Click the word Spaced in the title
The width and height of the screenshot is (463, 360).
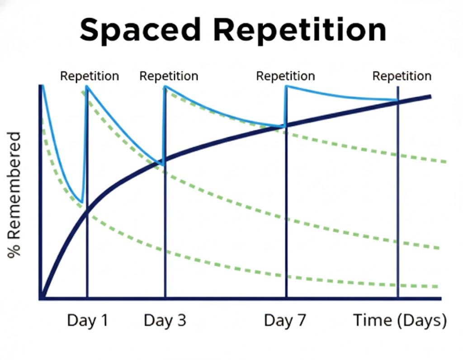(x=140, y=30)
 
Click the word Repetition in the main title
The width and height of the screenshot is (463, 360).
(x=300, y=29)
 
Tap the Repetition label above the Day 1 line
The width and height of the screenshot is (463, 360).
(x=90, y=76)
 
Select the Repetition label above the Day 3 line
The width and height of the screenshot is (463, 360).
(x=169, y=76)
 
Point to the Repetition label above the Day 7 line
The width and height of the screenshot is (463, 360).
(x=285, y=76)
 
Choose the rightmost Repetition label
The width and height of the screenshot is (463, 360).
(x=402, y=76)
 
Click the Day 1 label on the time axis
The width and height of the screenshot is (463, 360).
(x=88, y=320)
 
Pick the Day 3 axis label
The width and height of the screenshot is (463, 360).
(x=165, y=320)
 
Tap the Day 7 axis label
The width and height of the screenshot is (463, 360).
(x=285, y=320)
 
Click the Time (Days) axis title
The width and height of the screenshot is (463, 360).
(x=400, y=321)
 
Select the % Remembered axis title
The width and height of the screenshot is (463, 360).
(x=14, y=195)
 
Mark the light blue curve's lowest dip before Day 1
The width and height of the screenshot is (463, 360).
(x=81, y=203)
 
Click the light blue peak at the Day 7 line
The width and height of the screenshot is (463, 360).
(x=286, y=86)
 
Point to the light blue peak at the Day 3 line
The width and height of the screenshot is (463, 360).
(x=165, y=86)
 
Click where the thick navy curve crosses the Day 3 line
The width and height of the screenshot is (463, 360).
(x=165, y=161)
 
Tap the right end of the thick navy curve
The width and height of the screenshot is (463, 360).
(x=430, y=97)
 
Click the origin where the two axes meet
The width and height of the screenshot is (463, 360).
(x=41, y=298)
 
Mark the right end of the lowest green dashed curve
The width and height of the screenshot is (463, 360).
(x=438, y=286)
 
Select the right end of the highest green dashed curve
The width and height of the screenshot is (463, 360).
(x=445, y=161)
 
